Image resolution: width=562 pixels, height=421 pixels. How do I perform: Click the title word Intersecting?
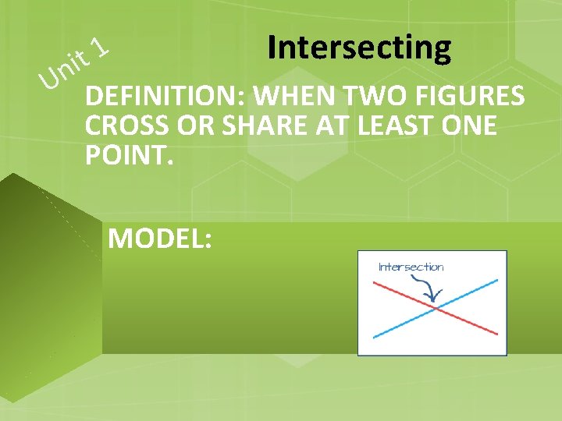(358, 48)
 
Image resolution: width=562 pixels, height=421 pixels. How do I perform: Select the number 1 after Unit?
(98, 48)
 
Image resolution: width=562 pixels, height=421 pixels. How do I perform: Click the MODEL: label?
(159, 239)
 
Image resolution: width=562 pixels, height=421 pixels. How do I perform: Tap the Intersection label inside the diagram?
(411, 267)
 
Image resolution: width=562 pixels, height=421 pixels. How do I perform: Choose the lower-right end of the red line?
(497, 334)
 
